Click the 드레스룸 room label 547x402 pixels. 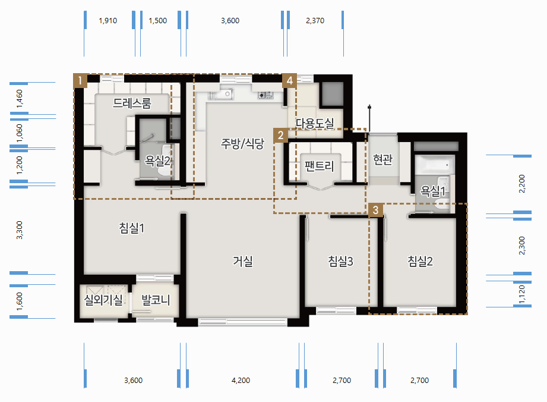[132, 103]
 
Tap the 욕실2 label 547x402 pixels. [158, 161]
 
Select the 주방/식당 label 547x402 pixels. [242, 143]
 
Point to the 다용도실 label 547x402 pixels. [315, 123]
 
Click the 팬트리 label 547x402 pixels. [319, 166]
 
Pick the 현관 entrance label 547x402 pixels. [382, 159]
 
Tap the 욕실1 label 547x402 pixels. [433, 191]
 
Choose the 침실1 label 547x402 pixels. [131, 228]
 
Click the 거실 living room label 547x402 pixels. [243, 261]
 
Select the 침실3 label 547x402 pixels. [340, 261]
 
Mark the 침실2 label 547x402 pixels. [420, 261]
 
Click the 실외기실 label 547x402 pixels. [103, 299]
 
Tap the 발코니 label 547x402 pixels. [156, 299]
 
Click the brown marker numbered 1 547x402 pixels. [80, 81]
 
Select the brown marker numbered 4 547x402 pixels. [290, 81]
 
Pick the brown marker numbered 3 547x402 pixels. [375, 210]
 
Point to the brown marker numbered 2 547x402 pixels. [280, 135]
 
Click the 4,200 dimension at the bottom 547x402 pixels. [241, 381]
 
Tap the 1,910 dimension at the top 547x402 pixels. [107, 21]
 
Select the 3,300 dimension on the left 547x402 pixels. [20, 230]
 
